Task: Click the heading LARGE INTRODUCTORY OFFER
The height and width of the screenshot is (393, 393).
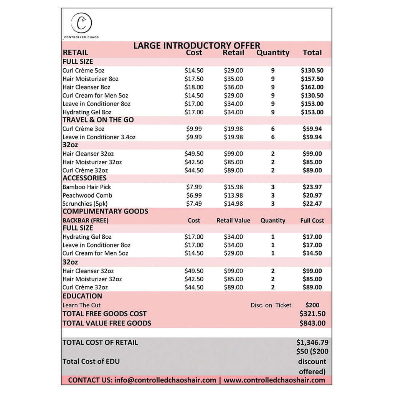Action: click(x=196, y=46)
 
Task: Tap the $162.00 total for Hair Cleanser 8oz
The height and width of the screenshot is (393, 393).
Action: click(x=312, y=87)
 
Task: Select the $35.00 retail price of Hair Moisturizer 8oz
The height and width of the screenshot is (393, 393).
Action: click(x=233, y=79)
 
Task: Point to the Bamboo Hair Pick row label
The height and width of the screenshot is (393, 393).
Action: click(x=87, y=187)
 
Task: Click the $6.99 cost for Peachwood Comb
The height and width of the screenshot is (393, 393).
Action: click(x=194, y=195)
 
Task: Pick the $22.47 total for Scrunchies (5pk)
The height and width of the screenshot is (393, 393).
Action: click(x=312, y=204)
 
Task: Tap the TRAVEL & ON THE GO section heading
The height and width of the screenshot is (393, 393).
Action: click(x=98, y=120)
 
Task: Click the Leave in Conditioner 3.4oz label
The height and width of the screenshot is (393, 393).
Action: click(x=99, y=137)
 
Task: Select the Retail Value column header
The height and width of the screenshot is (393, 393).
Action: click(x=233, y=221)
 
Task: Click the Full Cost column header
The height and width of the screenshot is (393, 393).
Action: click(x=312, y=221)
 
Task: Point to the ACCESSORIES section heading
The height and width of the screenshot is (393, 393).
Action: click(x=84, y=178)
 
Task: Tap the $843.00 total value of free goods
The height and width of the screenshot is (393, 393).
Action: click(x=312, y=323)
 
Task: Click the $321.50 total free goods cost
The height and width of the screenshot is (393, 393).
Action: click(x=312, y=314)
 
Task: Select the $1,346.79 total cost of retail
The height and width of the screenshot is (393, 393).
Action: click(x=312, y=342)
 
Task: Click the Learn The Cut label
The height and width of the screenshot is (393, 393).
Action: click(x=81, y=305)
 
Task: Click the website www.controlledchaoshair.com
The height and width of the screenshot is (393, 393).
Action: click(x=274, y=380)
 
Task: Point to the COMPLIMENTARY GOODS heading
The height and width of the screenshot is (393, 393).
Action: click(x=105, y=211)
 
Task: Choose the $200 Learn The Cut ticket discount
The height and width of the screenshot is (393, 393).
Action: click(x=312, y=305)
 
